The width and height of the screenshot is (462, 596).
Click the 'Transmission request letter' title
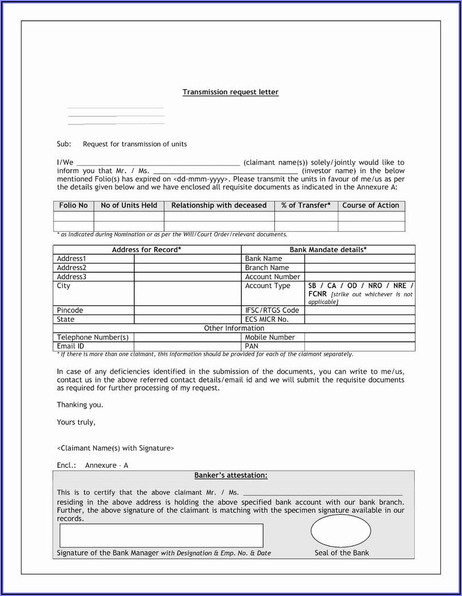pyautogui.click(x=230, y=92)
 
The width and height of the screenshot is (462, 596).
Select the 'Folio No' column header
pyautogui.click(x=74, y=205)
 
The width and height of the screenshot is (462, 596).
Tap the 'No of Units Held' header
pyautogui.click(x=129, y=205)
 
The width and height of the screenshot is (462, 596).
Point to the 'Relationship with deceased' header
pyautogui.click(x=219, y=205)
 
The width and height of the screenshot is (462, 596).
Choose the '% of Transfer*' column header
pyautogui.click(x=306, y=205)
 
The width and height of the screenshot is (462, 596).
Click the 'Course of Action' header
pyautogui.click(x=371, y=205)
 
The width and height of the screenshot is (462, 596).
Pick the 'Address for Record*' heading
pyautogui.click(x=147, y=250)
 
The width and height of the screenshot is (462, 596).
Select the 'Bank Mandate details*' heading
pyautogui.click(x=328, y=250)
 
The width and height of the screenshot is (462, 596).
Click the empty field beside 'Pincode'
pyautogui.click(x=188, y=310)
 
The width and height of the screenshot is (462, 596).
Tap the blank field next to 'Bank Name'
pyautogui.click(x=360, y=259)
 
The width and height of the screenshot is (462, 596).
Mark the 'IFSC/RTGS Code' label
pyautogui.click(x=272, y=310)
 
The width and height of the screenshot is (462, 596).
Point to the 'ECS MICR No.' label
pyautogui.click(x=266, y=319)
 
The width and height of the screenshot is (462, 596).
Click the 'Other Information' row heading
pyautogui.click(x=234, y=328)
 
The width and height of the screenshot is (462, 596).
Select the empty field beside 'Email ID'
pyautogui.click(x=188, y=346)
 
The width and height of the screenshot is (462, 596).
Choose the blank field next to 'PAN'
pyautogui.click(x=360, y=346)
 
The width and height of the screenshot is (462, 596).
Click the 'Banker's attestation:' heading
pyautogui.click(x=231, y=475)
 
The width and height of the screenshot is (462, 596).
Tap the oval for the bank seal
pyautogui.click(x=341, y=531)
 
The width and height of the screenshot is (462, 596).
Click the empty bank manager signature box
pyautogui.click(x=161, y=535)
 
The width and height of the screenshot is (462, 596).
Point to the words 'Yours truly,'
pyautogui.click(x=76, y=422)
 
